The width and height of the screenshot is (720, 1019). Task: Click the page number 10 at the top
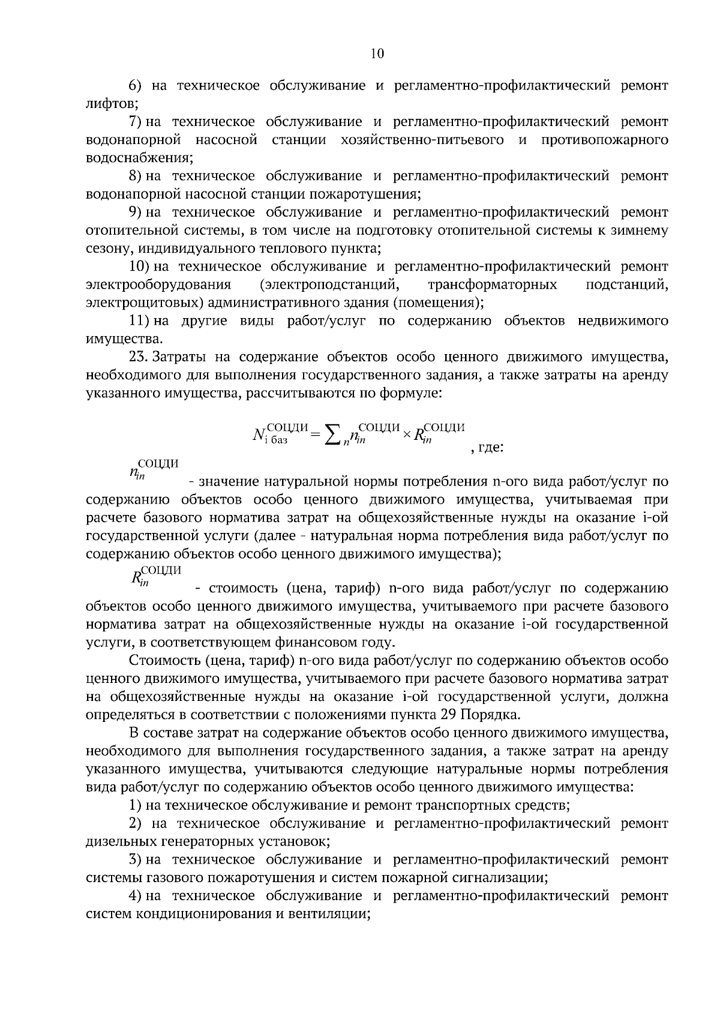tap(377, 53)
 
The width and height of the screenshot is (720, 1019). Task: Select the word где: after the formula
tap(490, 448)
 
